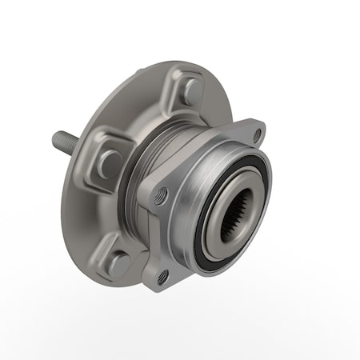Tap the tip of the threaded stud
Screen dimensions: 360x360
[x=55, y=139]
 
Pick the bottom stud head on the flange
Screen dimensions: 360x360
[x=118, y=262]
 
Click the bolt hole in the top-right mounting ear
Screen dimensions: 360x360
[x=256, y=134]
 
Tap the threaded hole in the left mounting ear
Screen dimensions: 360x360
[x=162, y=194]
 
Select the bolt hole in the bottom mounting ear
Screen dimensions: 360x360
[x=163, y=276]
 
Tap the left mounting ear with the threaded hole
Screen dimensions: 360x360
[x=156, y=192]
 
